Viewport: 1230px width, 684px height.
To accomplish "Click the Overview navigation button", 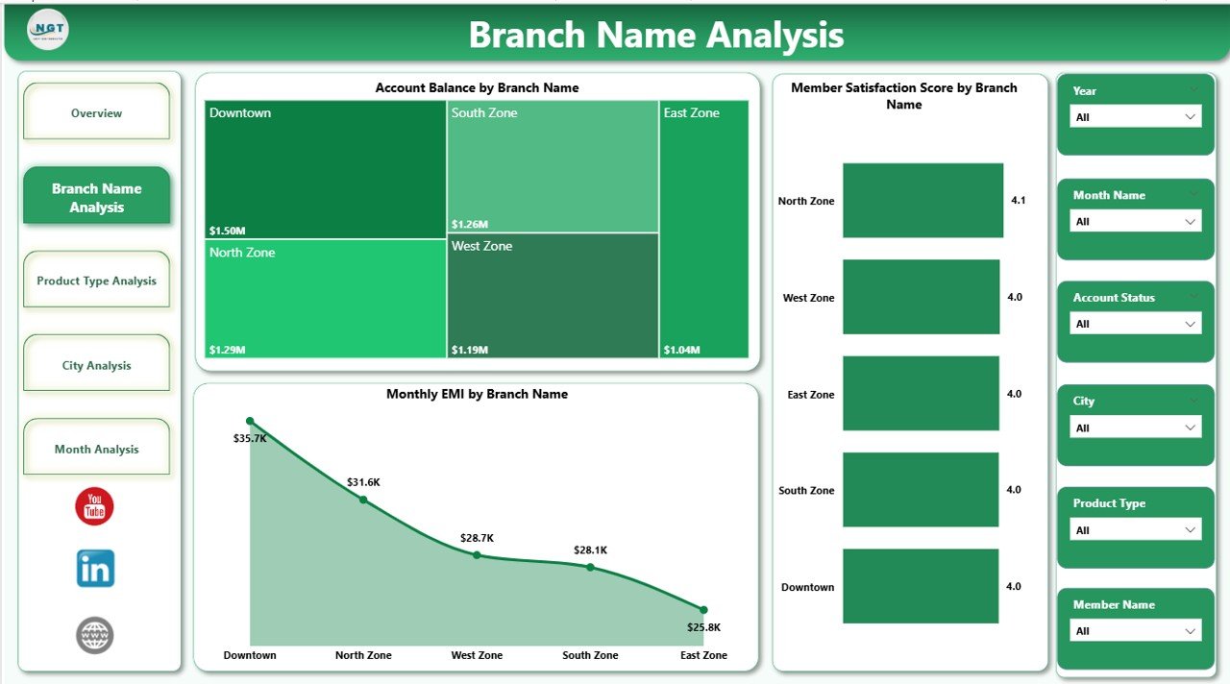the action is (96, 112).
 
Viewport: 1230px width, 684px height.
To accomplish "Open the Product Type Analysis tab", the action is (96, 281).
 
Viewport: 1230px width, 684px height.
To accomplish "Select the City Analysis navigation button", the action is (96, 365).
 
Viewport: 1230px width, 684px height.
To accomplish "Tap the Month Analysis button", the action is (96, 449).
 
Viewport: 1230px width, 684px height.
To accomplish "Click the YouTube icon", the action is (94, 506).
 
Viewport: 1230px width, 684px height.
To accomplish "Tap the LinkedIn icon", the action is (95, 569).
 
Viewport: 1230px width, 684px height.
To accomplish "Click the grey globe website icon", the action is (94, 635).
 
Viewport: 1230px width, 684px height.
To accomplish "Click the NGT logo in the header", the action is (48, 31).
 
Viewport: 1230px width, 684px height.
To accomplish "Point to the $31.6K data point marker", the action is (363, 499).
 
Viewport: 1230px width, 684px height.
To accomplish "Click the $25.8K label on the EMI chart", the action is (703, 627).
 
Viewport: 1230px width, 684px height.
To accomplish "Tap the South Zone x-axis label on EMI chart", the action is (590, 655).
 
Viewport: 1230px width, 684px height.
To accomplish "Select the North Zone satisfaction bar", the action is (922, 200).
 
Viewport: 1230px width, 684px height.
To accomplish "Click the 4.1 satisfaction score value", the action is (1019, 201).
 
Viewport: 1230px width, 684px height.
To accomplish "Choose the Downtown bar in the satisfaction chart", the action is (921, 586).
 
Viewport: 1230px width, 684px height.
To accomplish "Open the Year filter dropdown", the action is (1135, 117).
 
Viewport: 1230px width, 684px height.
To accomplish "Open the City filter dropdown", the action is (1135, 427).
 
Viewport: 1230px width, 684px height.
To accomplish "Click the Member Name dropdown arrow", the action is (1191, 631).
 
